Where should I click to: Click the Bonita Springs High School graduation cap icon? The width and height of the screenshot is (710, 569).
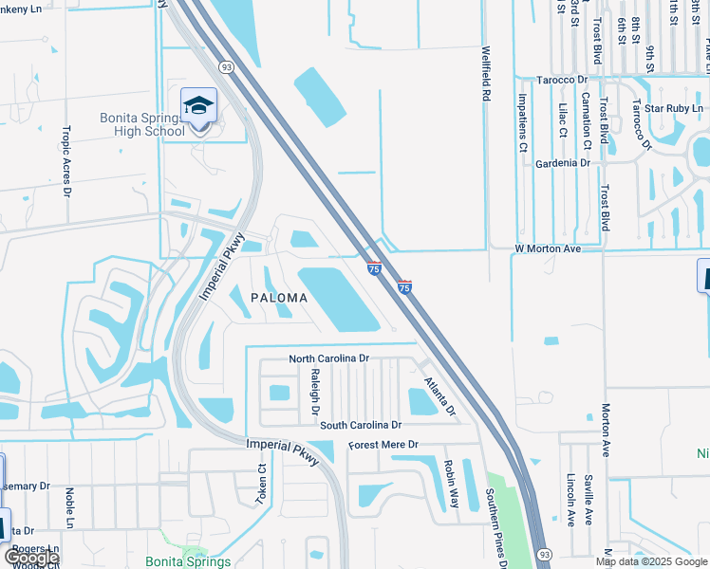199,104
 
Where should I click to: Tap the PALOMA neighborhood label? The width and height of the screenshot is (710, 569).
279,298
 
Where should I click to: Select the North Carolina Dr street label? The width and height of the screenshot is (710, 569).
328,358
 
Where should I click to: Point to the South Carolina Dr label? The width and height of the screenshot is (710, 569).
361,426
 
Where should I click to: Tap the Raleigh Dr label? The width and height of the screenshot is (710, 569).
313,395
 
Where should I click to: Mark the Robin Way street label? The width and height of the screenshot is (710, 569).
451,485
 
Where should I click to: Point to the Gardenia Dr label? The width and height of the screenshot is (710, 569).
563,163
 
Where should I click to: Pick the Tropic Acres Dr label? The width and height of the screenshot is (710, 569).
66,160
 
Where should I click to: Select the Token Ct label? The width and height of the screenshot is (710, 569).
262,484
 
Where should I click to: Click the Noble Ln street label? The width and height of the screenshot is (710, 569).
70,508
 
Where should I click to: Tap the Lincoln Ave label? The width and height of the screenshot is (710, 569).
570,500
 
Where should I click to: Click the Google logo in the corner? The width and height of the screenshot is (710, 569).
31,558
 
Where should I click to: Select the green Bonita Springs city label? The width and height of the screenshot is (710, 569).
188,561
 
